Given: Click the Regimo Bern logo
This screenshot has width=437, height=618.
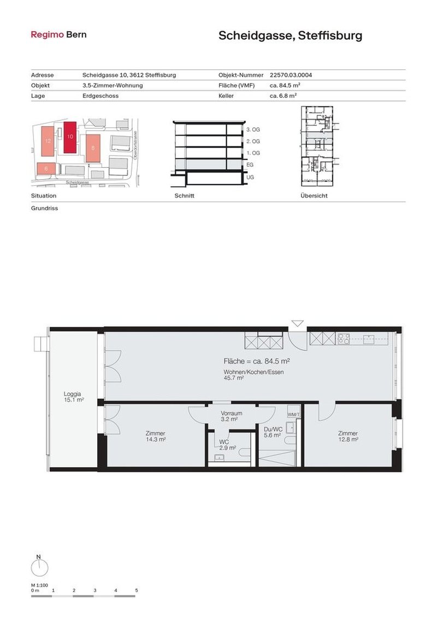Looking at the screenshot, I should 58,34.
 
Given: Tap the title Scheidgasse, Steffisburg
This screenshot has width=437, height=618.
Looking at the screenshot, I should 290,36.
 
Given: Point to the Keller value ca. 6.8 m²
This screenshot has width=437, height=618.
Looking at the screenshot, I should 283,96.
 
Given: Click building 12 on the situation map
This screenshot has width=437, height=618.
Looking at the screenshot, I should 48,140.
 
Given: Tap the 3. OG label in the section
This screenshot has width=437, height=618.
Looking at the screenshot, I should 252,130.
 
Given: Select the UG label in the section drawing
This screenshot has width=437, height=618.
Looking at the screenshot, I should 250,178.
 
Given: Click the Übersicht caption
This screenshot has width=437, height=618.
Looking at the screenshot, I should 314,196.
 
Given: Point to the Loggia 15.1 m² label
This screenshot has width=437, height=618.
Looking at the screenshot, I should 73,396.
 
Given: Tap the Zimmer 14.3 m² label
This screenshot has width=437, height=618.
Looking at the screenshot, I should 155,435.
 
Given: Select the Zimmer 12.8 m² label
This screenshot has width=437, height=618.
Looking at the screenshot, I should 347,435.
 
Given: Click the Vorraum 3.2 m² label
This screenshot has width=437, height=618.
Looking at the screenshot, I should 231,416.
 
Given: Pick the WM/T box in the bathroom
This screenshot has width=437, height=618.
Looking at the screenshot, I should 293,415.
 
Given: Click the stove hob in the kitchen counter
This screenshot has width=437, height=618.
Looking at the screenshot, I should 345,339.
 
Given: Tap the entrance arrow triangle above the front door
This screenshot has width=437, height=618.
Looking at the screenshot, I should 297,323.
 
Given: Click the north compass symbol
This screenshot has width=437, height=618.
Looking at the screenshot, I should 38,568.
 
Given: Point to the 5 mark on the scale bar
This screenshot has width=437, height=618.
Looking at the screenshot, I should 137,590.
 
